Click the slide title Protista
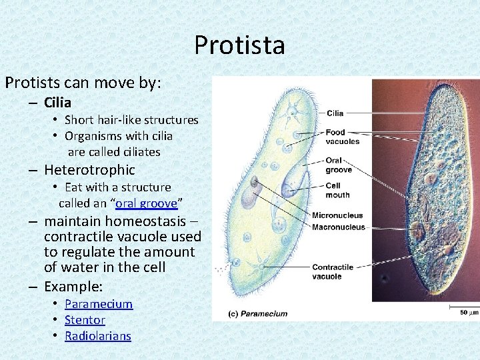click(x=239, y=45)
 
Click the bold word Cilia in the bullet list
click(x=57, y=103)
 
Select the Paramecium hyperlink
click(x=99, y=304)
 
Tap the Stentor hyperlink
click(x=85, y=320)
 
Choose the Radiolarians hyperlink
click(x=98, y=336)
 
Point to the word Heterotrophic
click(x=89, y=170)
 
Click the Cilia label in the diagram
click(x=335, y=113)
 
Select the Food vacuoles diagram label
click(x=343, y=137)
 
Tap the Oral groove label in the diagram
click(x=339, y=165)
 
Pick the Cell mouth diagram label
click(x=337, y=190)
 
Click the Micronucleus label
click(x=337, y=215)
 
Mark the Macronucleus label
click(x=339, y=227)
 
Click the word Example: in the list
click(x=73, y=287)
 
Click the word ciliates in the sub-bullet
click(x=137, y=152)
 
